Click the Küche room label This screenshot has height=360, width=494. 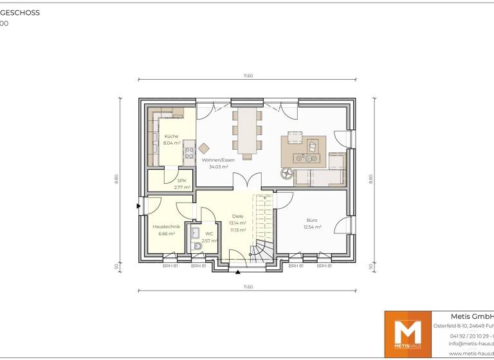[171, 136]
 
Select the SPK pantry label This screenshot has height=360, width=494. [181, 181]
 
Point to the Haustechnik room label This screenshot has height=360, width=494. [166, 227]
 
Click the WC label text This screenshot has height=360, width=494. [209, 234]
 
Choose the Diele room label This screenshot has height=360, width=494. [237, 216]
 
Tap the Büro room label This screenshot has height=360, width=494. [311, 220]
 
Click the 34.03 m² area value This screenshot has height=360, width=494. [219, 167]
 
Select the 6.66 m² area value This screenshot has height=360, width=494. [166, 234]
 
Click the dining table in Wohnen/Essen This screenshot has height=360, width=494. [248, 132]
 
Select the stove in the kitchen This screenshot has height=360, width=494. [189, 153]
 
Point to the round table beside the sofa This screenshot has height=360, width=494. [287, 172]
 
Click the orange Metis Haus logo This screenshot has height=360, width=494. [407, 333]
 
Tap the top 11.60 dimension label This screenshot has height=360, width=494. [248, 76]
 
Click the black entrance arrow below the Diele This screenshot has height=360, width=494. [238, 271]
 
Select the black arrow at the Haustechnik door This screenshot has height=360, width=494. [139, 206]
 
